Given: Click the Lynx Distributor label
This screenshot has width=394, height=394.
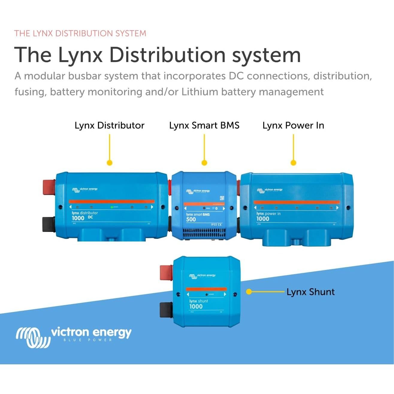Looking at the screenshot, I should coord(109,125).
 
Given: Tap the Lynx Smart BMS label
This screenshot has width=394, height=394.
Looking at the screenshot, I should coord(204,125).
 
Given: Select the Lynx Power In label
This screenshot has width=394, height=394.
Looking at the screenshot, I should coord(293,125).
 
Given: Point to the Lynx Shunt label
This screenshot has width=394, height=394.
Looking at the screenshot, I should coord(310,292).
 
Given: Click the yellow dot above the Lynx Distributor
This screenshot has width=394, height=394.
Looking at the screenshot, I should coord(109,163).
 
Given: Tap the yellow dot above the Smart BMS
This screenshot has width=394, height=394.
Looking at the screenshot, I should coord(204,163).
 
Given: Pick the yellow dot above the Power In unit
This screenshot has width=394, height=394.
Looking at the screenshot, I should coord(293,163).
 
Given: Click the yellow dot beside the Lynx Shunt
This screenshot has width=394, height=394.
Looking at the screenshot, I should coord(249,292).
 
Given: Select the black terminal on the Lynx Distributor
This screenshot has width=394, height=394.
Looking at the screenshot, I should coord(48,224).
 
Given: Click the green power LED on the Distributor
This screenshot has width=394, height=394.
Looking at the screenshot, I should coord(112,207).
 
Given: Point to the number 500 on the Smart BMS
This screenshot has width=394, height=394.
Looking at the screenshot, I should coord(191,219).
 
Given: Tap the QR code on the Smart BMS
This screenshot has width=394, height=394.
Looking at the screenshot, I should coord(222,198).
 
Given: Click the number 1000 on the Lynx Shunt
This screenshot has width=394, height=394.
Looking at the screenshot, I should coord(196,306).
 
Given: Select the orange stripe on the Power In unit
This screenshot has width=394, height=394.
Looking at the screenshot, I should coord(296,202).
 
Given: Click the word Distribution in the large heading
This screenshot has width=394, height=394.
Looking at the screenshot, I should coord(168,55).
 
